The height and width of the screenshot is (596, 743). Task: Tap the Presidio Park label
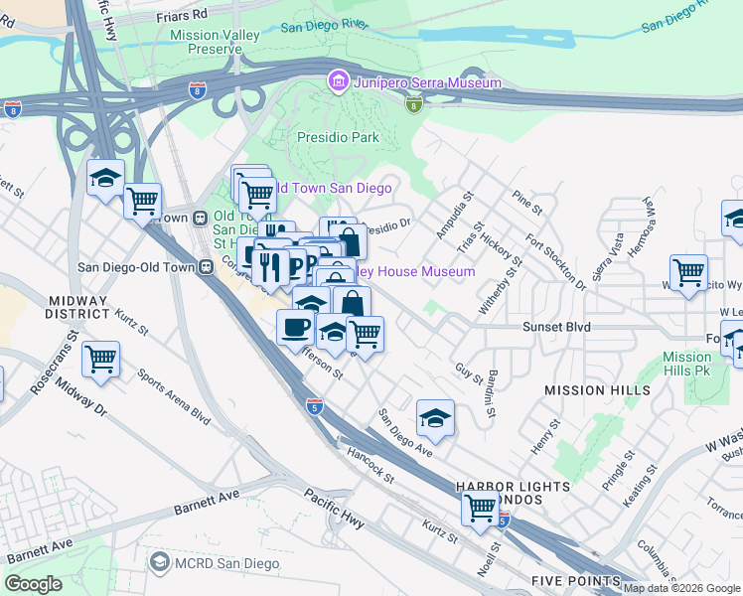(338, 138)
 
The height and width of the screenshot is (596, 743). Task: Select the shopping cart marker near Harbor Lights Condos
(481, 508)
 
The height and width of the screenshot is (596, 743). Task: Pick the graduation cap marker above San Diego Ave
(435, 419)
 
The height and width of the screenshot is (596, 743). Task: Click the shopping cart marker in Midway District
(100, 361)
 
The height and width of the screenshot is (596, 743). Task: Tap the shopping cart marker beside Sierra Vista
(688, 272)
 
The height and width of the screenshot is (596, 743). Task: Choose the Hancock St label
(371, 465)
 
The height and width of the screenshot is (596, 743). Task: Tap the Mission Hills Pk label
(686, 364)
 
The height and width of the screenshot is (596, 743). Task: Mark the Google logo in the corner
(33, 584)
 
